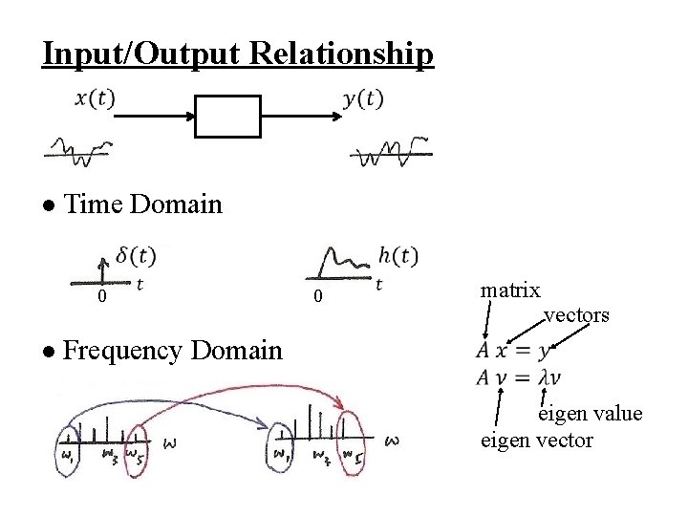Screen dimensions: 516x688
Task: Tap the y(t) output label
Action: coord(363,99)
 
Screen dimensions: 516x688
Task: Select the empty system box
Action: coord(227,117)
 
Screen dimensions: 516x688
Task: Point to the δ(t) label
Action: coord(136,255)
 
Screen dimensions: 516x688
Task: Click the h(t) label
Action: coord(398,255)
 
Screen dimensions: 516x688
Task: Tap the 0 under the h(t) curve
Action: coord(319,299)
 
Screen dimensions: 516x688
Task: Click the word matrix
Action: coord(510,290)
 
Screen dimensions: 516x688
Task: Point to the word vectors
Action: coord(576,314)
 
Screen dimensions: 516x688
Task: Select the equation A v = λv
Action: coord(519,377)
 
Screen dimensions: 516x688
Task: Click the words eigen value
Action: coord(590,414)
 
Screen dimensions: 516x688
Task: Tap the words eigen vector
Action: coord(536,440)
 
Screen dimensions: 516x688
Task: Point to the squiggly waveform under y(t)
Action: coord(390,151)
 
